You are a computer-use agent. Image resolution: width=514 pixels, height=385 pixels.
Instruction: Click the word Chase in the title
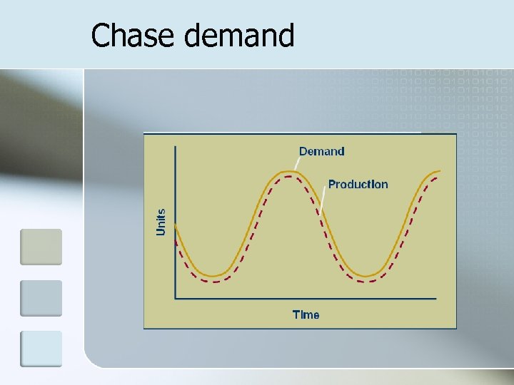(x=133, y=35)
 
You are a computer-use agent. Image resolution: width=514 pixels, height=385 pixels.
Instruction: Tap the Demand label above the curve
(x=321, y=151)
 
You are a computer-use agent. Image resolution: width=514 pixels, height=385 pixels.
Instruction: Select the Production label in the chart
(x=358, y=184)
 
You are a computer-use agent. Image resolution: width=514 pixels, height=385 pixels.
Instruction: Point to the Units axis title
(x=161, y=222)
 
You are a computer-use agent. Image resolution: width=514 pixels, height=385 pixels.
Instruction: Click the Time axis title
(x=306, y=314)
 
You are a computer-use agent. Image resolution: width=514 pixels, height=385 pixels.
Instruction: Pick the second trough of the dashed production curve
(x=366, y=282)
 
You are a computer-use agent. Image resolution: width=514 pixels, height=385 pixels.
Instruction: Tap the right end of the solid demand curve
(x=440, y=171)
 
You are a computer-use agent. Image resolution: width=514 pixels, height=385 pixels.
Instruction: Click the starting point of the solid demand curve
(x=176, y=226)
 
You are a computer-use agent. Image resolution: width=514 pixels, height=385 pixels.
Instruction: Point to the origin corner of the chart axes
(x=176, y=298)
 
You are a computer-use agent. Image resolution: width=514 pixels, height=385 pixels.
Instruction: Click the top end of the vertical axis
(x=176, y=145)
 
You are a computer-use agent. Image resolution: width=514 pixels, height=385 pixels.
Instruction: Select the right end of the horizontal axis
(x=435, y=298)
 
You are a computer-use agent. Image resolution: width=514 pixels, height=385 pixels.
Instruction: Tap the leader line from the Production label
(x=324, y=199)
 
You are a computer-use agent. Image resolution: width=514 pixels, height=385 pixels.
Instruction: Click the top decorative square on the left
(x=41, y=247)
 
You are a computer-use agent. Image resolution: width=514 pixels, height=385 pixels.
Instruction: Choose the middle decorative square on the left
(x=41, y=298)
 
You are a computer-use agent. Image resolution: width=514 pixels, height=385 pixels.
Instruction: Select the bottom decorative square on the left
(x=41, y=349)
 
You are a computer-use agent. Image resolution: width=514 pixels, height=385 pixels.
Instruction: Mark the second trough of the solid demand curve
(x=366, y=275)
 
